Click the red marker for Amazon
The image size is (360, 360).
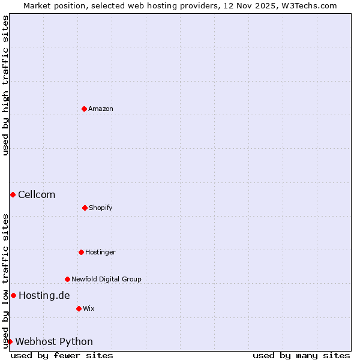[84, 109]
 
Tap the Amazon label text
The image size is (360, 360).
[101, 109]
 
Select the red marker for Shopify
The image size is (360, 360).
[85, 208]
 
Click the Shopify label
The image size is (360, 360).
[101, 208]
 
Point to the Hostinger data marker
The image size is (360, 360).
[81, 252]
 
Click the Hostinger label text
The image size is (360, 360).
[100, 252]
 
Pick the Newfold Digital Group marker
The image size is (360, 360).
[67, 279]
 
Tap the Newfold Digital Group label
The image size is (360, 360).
[106, 279]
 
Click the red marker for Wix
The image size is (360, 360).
[79, 308]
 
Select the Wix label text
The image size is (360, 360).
[89, 308]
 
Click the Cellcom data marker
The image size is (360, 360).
[13, 194]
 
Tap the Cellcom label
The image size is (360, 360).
[37, 194]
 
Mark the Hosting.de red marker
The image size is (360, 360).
[13, 295]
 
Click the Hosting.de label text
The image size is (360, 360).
[44, 295]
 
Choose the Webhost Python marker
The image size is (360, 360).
[10, 341]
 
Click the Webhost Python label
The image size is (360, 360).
[54, 341]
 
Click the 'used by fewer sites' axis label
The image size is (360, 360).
[62, 355]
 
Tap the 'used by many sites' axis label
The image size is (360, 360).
[301, 355]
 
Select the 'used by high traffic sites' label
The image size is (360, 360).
[5, 85]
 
